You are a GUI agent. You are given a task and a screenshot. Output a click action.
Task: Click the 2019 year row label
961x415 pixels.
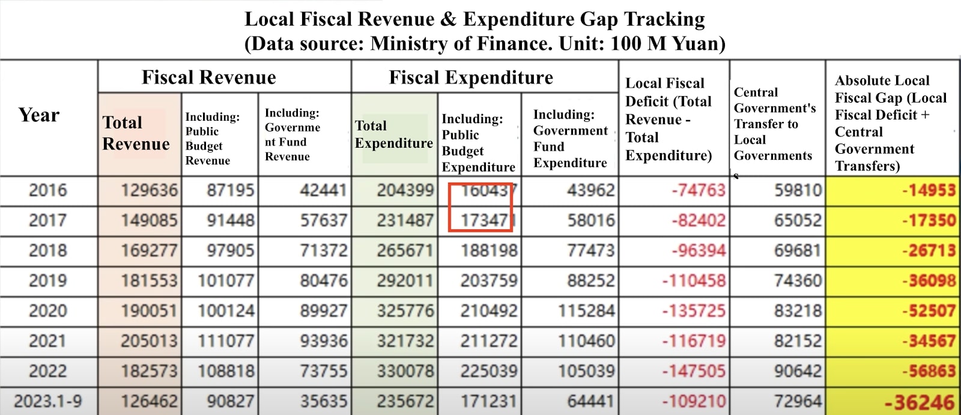48,280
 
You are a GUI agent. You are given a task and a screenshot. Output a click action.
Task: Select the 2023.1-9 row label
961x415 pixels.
48,401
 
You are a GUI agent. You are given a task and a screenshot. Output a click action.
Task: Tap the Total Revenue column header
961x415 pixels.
136,133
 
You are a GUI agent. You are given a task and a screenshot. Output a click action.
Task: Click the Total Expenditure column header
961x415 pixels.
393,135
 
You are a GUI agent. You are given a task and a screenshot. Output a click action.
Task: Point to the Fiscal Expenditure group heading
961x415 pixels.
471,77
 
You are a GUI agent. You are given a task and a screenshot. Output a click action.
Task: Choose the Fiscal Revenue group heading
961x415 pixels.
209,77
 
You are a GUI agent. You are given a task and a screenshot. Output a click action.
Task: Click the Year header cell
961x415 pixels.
39,115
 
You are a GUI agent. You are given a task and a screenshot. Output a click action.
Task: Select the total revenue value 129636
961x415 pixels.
149,190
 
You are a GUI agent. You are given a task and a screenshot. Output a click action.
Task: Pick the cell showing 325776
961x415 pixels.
405,311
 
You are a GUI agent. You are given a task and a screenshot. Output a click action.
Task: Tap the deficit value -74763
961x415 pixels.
698,190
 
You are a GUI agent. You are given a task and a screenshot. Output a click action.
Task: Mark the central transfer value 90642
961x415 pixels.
798,371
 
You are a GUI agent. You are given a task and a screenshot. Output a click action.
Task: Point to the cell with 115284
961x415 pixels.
586,311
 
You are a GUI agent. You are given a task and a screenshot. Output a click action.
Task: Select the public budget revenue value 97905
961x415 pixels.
231,250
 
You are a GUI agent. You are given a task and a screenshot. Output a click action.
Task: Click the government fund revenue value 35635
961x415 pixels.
324,401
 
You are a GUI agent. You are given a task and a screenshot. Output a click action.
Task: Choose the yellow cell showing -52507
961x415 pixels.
928,311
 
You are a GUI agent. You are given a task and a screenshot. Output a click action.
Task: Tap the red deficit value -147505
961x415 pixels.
694,371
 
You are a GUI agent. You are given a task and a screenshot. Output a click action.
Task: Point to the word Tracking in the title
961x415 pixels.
664,19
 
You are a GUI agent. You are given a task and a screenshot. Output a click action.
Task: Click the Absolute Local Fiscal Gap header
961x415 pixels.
890,123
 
